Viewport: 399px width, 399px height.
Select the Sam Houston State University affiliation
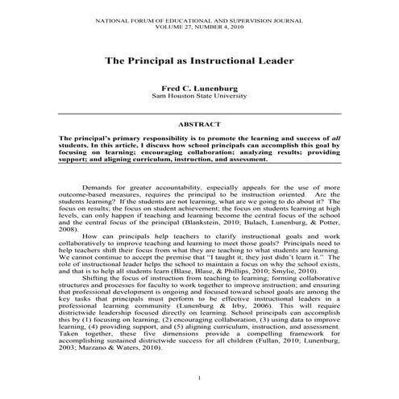coord(199,95)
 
